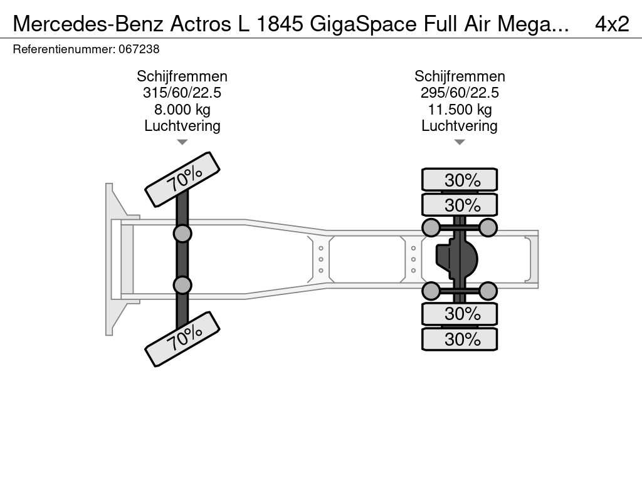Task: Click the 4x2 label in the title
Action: click(612, 24)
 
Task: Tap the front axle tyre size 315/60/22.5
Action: click(182, 93)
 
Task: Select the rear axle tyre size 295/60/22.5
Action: click(460, 93)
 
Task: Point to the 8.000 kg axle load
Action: click(182, 110)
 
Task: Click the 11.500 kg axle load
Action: click(460, 110)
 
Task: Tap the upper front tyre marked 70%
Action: click(183, 179)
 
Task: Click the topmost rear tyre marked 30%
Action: click(460, 180)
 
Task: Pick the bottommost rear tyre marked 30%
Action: click(460, 339)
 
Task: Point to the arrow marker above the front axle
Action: click(182, 142)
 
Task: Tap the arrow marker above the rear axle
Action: click(460, 142)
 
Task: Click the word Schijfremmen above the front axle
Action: click(182, 76)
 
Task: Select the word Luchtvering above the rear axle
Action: click(460, 126)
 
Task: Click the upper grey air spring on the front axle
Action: click(182, 234)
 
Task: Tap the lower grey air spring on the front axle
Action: click(182, 285)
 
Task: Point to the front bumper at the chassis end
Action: click(112, 259)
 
